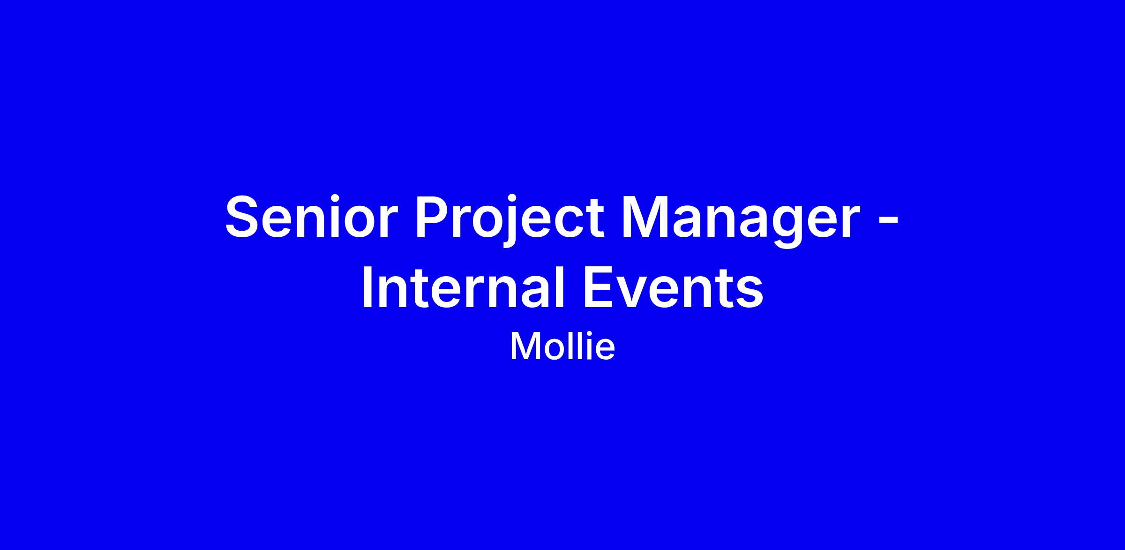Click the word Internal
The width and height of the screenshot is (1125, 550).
[463, 286]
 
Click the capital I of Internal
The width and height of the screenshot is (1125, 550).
[368, 287]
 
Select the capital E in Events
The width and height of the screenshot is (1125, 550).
[600, 287]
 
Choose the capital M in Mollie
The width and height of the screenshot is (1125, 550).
[524, 347]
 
